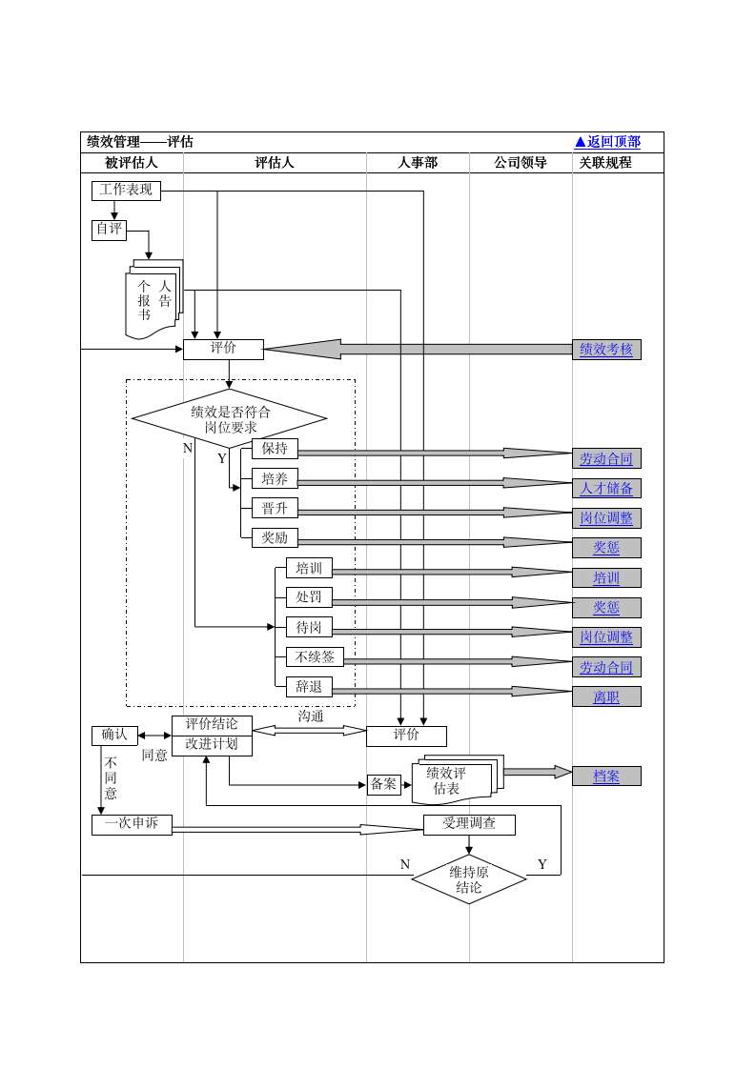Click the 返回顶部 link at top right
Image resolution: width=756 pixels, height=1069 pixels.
click(x=607, y=142)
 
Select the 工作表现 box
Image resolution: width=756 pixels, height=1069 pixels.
click(x=126, y=191)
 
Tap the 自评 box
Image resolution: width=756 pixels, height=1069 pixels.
click(x=109, y=230)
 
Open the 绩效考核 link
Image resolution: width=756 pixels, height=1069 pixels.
click(x=606, y=350)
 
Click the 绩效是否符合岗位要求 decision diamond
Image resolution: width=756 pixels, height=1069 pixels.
click(x=229, y=418)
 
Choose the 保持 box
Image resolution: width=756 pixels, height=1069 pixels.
click(x=275, y=449)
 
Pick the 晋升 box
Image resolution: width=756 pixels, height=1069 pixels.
click(x=275, y=508)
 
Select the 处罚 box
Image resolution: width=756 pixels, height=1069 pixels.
click(x=309, y=597)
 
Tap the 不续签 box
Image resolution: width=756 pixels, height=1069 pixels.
click(x=315, y=657)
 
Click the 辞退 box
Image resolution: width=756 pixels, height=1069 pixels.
click(x=309, y=687)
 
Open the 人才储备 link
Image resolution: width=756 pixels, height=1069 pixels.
click(x=606, y=488)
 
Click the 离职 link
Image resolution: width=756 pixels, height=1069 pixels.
click(x=606, y=696)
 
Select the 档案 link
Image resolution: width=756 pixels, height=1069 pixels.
click(x=606, y=776)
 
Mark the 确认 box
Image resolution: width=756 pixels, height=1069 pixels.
click(x=114, y=736)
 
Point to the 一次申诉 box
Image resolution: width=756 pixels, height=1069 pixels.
click(x=132, y=824)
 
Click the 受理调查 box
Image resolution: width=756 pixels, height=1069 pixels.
click(x=469, y=824)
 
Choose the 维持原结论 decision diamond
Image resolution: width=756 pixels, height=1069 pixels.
click(x=469, y=879)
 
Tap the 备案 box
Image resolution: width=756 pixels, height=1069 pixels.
click(x=383, y=785)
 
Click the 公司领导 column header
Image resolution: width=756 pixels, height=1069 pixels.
click(x=521, y=163)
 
